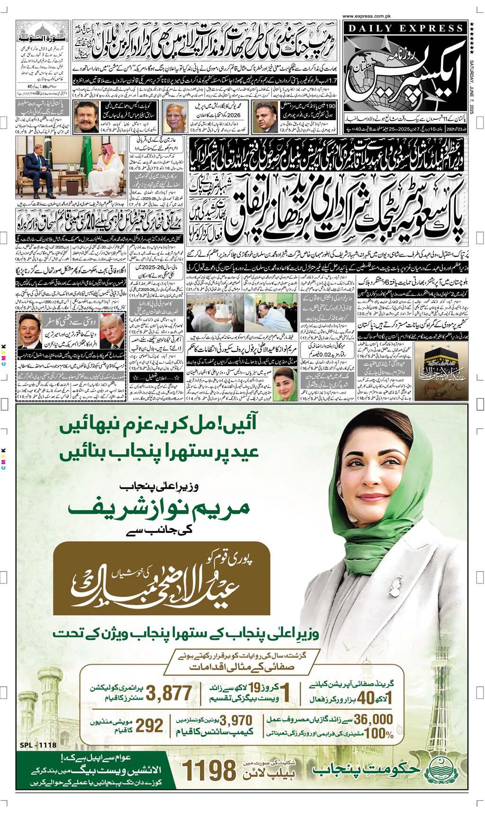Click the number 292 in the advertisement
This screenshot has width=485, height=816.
point(149,726)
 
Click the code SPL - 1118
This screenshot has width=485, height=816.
point(38,745)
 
